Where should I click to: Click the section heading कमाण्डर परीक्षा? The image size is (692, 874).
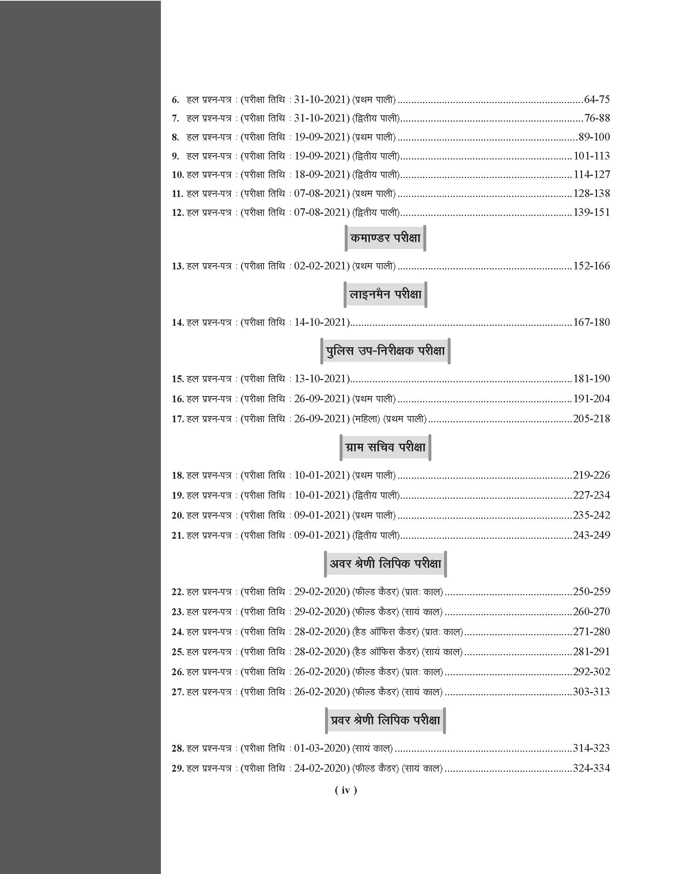pyautogui.click(x=385, y=238)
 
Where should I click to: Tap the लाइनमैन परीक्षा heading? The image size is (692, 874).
pyautogui.click(x=385, y=294)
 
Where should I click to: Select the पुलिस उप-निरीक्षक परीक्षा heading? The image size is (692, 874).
pyautogui.click(x=385, y=351)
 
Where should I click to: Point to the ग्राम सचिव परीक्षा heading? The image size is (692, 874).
pyautogui.click(x=385, y=447)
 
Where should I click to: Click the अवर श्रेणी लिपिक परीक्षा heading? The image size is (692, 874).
pyautogui.click(x=385, y=563)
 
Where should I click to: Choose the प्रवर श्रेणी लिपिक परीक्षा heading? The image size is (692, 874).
pyautogui.click(x=385, y=720)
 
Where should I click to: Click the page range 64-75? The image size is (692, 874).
pyautogui.click(x=597, y=100)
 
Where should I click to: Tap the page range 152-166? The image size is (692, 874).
pyautogui.click(x=592, y=266)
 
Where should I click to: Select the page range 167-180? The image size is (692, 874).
pyautogui.click(x=592, y=323)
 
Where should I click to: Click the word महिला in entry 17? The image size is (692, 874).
pyautogui.click(x=366, y=419)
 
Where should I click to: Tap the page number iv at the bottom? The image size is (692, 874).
pyautogui.click(x=345, y=790)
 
